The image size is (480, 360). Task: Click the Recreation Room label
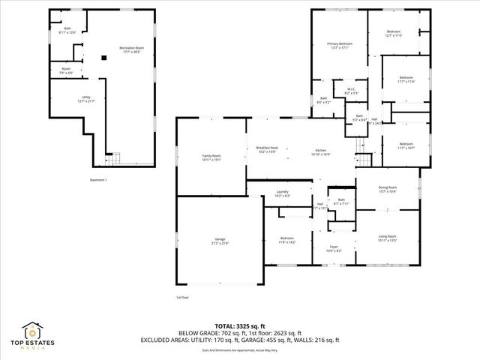130,50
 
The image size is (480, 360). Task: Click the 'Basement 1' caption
98,180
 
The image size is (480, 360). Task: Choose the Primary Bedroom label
340,46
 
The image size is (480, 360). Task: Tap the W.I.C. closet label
351,91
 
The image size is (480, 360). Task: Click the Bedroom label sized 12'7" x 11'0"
394,34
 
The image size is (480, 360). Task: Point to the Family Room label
211,157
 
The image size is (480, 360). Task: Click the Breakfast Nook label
268,150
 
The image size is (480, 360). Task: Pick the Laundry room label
282,193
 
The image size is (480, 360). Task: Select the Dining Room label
387,189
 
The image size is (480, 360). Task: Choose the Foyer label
334,248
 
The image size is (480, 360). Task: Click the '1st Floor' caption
183,297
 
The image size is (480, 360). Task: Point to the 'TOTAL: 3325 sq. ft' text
239,326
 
